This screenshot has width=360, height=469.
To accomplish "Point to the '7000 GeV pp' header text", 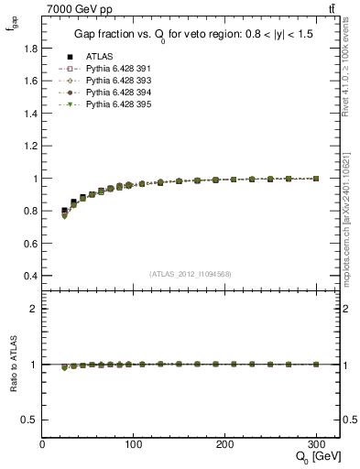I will [77, 7].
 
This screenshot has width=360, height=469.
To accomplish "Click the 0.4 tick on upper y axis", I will [29, 276].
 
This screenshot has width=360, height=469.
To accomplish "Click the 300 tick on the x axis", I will [315, 444].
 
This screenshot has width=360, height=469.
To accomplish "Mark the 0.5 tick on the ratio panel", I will [29, 420].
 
